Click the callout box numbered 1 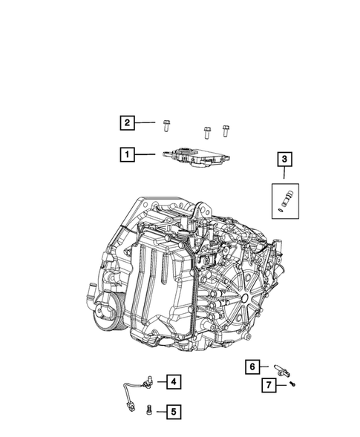[x=128, y=155]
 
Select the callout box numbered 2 [x=128, y=122]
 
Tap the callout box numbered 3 [x=285, y=159]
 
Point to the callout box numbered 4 [x=171, y=382]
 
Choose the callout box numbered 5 [x=171, y=410]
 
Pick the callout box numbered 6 [x=253, y=367]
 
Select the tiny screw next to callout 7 [x=293, y=384]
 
